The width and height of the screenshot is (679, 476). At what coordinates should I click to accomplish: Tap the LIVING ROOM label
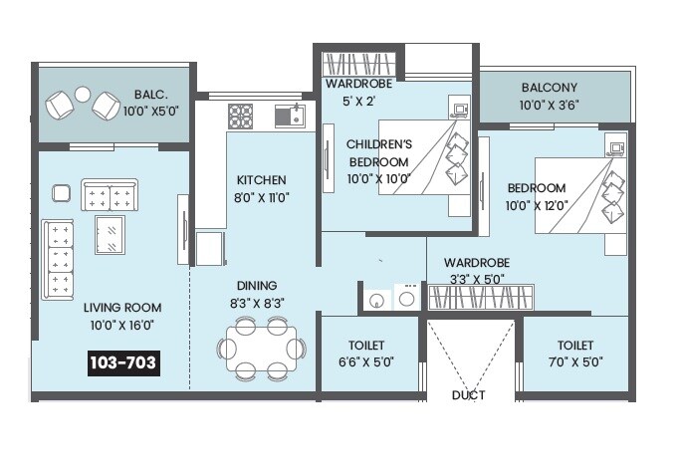(x=122, y=308)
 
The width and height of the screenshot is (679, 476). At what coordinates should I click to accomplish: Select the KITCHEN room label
(x=261, y=180)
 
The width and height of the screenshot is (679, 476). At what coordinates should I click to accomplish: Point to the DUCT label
(x=468, y=395)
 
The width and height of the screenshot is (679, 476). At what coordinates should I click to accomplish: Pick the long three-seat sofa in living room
(x=57, y=259)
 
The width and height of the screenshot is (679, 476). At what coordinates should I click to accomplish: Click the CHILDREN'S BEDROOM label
(x=377, y=152)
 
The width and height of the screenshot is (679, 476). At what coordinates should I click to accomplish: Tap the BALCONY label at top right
(x=548, y=88)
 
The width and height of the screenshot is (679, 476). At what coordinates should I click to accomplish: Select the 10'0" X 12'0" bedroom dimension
(x=537, y=205)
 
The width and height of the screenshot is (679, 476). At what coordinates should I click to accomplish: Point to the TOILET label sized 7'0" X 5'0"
(x=575, y=362)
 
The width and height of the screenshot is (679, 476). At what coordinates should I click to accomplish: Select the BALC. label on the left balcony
(x=152, y=96)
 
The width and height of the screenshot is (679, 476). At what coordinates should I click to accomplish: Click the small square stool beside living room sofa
(x=61, y=193)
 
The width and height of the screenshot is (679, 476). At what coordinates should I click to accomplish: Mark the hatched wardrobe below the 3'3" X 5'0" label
(x=480, y=297)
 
